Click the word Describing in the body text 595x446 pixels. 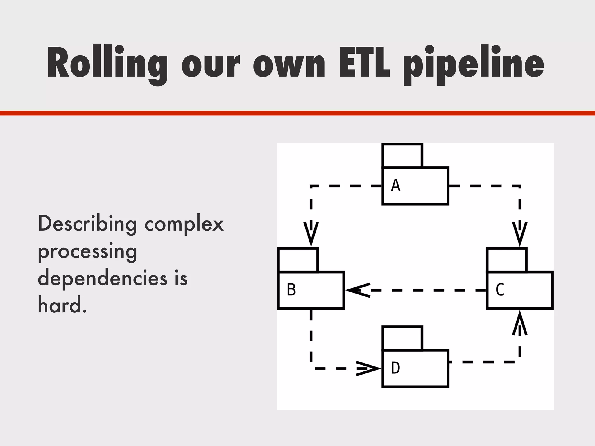(x=87, y=224)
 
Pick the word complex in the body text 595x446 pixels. (x=184, y=224)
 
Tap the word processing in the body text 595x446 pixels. (x=87, y=251)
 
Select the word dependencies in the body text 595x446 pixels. (x=103, y=278)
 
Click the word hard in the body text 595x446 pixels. (x=60, y=305)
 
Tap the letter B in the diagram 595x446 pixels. (x=291, y=289)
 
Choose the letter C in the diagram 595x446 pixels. (x=500, y=289)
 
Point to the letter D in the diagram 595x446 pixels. (x=395, y=368)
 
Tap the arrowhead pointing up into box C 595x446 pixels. (x=520, y=323)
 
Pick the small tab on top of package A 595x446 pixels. (x=402, y=155)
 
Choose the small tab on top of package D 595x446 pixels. (x=402, y=338)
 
